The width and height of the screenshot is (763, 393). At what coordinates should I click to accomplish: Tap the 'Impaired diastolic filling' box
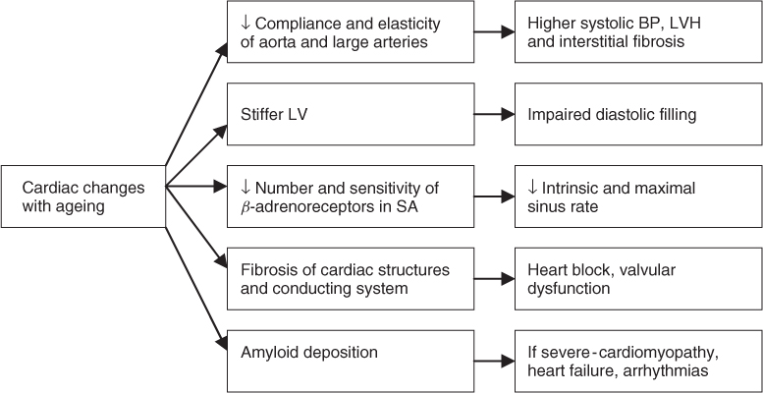pyautogui.click(x=636, y=115)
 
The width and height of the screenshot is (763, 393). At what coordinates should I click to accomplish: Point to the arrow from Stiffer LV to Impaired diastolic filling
pyautogui.click(x=495, y=115)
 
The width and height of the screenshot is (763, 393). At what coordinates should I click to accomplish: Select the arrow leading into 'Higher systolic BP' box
pyautogui.click(x=495, y=33)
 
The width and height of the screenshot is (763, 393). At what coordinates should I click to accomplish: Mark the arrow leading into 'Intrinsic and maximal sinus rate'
pyautogui.click(x=495, y=196)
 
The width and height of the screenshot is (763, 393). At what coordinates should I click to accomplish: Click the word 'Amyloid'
pyautogui.click(x=268, y=351)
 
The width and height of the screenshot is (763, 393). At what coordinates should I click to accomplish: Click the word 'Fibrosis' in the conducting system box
pyautogui.click(x=268, y=268)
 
